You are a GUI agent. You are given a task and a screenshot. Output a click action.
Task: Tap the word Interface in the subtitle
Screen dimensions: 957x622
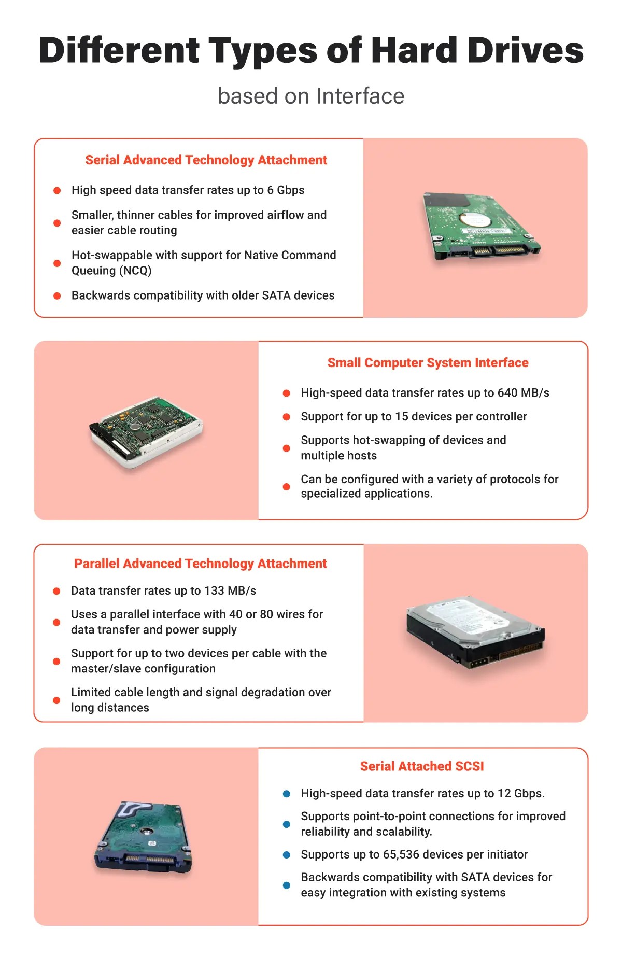click(x=360, y=96)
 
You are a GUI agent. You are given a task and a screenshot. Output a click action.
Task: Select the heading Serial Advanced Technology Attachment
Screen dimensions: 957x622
click(x=206, y=160)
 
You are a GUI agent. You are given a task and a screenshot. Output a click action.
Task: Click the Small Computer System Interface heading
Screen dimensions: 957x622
click(x=428, y=363)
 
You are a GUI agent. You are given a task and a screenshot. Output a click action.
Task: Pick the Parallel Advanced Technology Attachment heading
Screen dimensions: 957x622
click(x=200, y=564)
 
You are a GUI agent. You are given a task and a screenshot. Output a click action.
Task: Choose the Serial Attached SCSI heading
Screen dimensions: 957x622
click(x=422, y=766)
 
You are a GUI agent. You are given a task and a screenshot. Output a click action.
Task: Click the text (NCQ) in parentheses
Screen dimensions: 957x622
click(x=135, y=271)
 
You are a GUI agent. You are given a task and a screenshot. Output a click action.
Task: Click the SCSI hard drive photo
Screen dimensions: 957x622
click(x=146, y=431)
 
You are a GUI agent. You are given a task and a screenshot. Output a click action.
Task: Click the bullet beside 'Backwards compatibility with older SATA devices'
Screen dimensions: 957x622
click(x=57, y=295)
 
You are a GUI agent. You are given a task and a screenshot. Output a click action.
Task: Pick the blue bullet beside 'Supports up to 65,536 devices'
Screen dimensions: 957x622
click(x=286, y=854)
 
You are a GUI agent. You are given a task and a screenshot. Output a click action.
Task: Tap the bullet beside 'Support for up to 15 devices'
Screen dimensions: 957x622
click(x=286, y=417)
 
